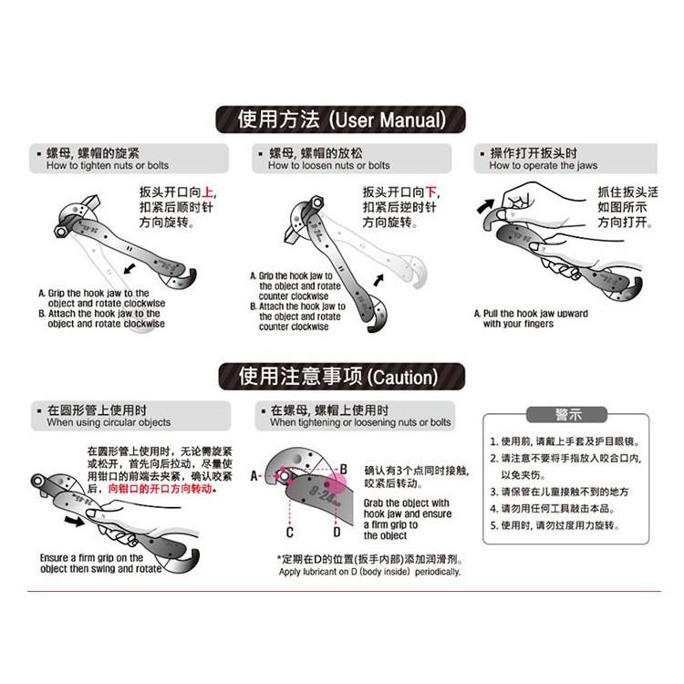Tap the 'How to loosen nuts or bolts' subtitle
328,165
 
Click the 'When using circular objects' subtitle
109,422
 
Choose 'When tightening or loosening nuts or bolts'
360,422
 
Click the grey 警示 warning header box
567,415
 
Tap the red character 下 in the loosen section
431,192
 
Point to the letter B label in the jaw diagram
343,470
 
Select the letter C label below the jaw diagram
290,532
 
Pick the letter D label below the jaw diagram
337,532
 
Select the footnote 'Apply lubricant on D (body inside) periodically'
369,572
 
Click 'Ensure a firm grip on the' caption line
91,557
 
